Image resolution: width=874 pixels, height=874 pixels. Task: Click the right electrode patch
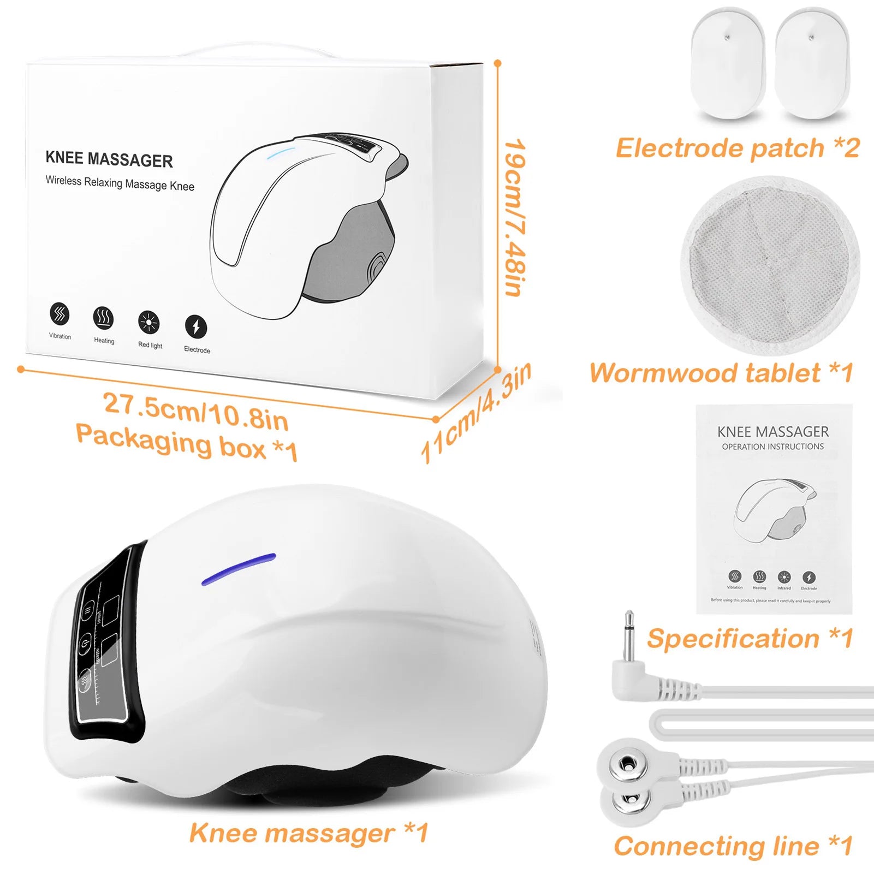coord(812,63)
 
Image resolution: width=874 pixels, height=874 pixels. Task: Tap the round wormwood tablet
coord(770,264)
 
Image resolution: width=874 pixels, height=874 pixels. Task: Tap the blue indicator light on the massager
coord(239,569)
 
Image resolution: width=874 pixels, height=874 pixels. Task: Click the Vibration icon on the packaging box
coord(60,314)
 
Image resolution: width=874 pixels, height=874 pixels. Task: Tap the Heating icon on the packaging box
coord(103,317)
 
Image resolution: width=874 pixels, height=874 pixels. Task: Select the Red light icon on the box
coord(148,322)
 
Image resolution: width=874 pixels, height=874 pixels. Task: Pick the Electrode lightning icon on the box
coord(196,326)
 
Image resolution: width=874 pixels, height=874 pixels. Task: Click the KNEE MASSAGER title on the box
coord(109,159)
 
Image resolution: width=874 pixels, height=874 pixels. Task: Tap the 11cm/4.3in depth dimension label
coord(475,413)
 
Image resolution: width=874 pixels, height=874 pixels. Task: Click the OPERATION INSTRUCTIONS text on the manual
coord(772,447)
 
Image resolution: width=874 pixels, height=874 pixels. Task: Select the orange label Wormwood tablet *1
coord(721,373)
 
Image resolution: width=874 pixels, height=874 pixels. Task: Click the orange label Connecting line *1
coord(733,846)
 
